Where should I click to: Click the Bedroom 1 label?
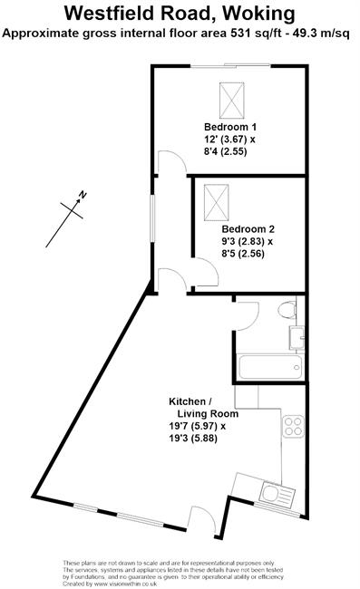(230, 127)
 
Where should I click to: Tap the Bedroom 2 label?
(248, 228)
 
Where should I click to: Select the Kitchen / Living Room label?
(203, 408)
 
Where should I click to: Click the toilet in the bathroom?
(287, 310)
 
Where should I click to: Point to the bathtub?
(270, 367)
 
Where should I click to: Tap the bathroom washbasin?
(297, 338)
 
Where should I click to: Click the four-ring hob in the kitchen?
(294, 427)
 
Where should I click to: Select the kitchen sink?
(278, 494)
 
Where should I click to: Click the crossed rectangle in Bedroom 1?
(231, 101)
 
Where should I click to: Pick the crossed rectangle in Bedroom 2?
(217, 202)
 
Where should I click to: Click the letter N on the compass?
(83, 195)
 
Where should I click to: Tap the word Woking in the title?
(258, 14)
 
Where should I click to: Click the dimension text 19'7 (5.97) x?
(198, 427)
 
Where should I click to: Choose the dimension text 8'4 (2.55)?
(226, 151)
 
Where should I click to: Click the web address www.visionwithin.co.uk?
(125, 584)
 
